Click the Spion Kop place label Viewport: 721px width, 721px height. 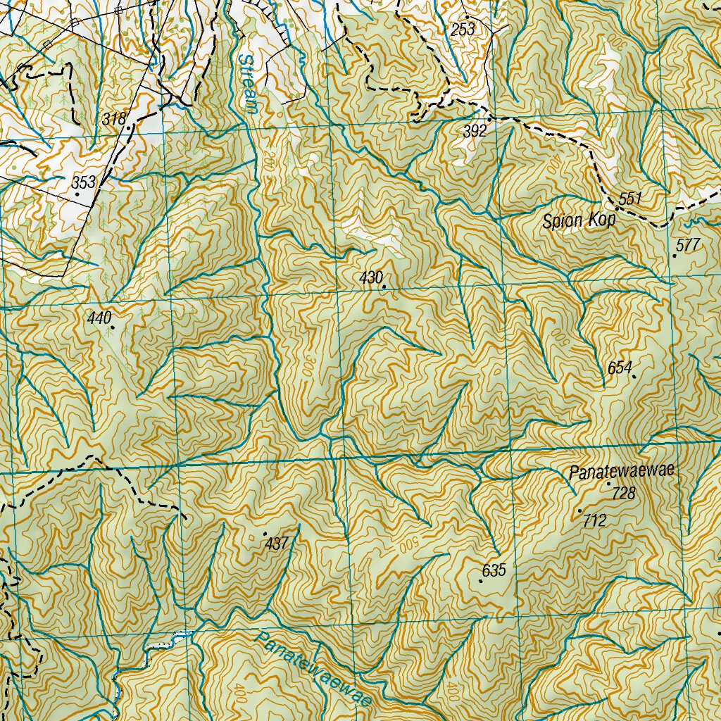[579, 221]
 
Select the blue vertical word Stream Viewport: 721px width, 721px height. [248, 83]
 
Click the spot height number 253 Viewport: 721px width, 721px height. [463, 29]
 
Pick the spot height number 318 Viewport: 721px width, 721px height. [113, 119]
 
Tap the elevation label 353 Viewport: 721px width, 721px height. [84, 183]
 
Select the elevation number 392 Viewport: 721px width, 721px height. [475, 131]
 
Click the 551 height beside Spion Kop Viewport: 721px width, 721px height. [630, 199]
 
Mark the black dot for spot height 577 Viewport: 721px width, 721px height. [675, 256]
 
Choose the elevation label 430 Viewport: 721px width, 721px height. [370, 277]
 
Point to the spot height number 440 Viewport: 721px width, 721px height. [99, 318]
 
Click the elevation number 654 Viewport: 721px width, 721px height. [620, 368]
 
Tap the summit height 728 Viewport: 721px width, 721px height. [623, 494]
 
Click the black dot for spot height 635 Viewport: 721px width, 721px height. [481, 582]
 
